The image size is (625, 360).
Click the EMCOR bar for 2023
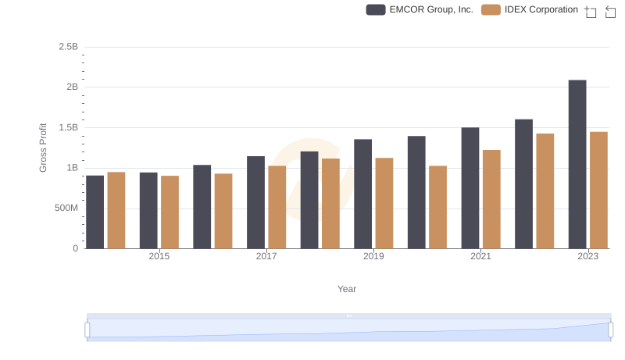pos(577,164)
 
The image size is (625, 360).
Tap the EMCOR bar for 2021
pos(470,187)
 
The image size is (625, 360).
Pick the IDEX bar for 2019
pos(384,203)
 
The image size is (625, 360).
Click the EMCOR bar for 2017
pos(256,202)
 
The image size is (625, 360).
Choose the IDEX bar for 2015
pos(170,212)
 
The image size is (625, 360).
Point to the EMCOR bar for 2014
pos(95,212)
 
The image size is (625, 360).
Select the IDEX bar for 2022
pos(545,191)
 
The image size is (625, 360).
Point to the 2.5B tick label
pos(68,47)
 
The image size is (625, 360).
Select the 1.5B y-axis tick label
pos(68,127)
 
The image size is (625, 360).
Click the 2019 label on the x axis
pos(373,256)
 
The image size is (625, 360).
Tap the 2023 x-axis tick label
pos(587,256)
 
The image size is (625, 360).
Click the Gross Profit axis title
pos(44,148)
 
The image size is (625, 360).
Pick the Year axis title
pos(347,289)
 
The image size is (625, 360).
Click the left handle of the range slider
pos(87,330)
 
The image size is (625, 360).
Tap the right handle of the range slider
pos(610,330)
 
